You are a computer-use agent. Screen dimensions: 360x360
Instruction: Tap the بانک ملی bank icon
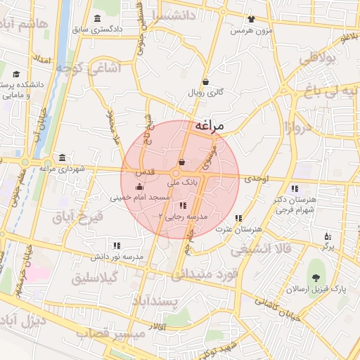(182, 163)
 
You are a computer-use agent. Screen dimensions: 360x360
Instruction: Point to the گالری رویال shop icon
(205, 82)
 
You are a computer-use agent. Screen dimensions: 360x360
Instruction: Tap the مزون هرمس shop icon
(251, 20)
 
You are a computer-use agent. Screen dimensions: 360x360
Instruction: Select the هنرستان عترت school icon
(238, 218)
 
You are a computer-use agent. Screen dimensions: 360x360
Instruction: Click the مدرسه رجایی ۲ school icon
(183, 206)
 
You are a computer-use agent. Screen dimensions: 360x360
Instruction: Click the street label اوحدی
(257, 179)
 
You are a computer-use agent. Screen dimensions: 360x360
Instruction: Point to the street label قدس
(144, 172)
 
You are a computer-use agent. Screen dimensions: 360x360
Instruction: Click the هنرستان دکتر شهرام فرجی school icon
(294, 188)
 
